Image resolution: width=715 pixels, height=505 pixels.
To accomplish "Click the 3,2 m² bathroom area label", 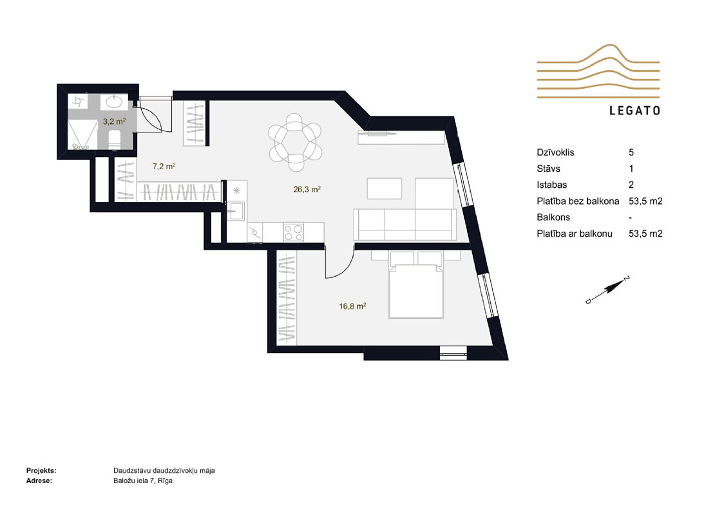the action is coord(114,122).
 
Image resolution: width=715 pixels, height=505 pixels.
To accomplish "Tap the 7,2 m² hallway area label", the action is coord(164,166).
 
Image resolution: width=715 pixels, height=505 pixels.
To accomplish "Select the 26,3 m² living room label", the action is coord(307,189).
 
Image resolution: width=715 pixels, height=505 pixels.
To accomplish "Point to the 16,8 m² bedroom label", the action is coord(352,306).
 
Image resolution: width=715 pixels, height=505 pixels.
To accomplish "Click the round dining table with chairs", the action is coord(295,142).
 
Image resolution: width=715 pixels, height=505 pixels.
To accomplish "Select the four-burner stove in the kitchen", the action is coord(294,232).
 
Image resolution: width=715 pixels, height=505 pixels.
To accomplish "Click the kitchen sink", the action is coord(236,211).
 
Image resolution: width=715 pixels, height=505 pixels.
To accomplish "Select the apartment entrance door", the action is coord(149,115).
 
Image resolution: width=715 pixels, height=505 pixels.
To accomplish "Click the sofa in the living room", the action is coord(405,224).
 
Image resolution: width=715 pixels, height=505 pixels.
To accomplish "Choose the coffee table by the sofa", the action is coord(385,188).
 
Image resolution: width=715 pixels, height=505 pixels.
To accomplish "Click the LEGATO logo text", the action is coord(634,111).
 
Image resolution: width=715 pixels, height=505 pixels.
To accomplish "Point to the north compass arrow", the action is coord(607,290).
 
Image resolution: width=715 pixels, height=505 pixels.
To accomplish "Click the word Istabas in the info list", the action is coord(552,185).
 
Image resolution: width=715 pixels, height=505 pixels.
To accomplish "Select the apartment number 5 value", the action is coord(631,152).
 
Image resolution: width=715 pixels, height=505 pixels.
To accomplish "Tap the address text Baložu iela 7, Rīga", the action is coord(143,481).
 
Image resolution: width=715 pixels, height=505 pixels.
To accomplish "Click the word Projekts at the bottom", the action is coord(41,471).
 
